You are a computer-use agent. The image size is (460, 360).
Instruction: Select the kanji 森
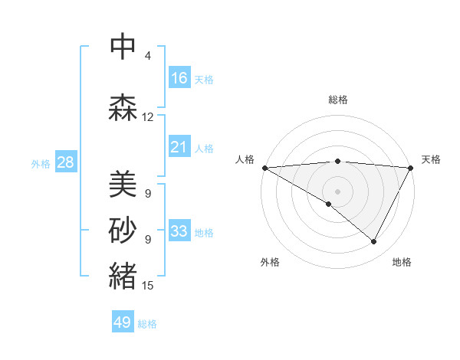point(123,107)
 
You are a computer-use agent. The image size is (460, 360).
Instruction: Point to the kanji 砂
point(123,229)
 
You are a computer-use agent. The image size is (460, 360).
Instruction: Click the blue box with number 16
point(179,77)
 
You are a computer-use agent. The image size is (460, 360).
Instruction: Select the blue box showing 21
point(179,146)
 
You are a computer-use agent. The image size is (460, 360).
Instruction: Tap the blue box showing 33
point(179,231)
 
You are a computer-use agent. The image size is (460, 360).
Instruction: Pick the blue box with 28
point(65,162)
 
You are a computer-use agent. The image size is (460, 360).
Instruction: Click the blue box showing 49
point(123,322)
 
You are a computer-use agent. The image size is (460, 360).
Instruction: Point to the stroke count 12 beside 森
point(148,117)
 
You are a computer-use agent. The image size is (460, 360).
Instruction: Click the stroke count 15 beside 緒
point(148,286)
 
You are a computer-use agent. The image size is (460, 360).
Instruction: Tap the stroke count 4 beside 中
point(148,56)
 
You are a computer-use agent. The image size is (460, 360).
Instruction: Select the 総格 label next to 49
point(148,324)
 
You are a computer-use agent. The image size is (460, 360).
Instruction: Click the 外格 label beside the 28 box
point(41,163)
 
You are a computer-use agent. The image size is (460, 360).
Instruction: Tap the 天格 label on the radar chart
point(431,159)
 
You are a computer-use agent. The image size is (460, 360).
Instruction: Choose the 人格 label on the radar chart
point(245,159)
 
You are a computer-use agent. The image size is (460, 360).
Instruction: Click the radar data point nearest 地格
point(374,242)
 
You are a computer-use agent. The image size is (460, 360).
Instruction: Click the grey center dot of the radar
point(337,191)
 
